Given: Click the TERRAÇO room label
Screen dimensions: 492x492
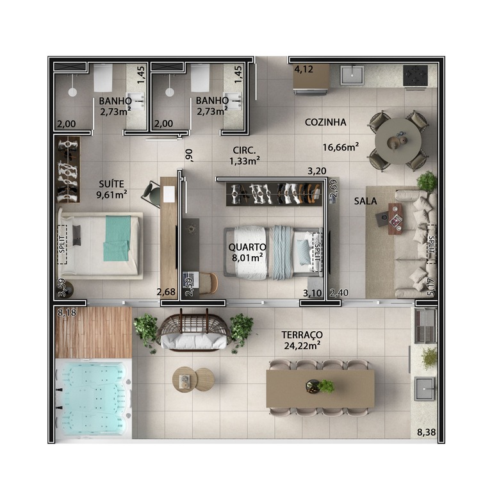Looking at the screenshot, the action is [x=302, y=335].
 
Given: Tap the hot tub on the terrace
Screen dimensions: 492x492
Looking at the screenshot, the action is [x=94, y=398].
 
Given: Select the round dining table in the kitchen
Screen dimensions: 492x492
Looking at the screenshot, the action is [x=398, y=141].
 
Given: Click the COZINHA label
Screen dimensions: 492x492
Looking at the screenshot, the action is [x=325, y=122].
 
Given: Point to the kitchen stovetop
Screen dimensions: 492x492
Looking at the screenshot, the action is [x=415, y=76].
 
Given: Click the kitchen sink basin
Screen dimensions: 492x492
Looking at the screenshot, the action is [x=352, y=75].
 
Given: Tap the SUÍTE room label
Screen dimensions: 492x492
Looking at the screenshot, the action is [x=111, y=184].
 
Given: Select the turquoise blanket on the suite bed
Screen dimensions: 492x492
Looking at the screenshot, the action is [x=117, y=238].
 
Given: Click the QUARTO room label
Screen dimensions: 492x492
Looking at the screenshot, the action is [x=247, y=247].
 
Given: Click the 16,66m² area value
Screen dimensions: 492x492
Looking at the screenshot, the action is [x=341, y=147].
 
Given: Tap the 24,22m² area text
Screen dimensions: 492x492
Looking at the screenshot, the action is [x=302, y=346].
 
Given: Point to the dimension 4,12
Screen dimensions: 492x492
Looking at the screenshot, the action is [x=304, y=69].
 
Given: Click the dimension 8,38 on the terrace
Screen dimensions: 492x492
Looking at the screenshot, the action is [x=426, y=432].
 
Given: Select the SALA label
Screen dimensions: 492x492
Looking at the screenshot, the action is [x=365, y=201].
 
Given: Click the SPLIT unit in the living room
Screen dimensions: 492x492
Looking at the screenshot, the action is [x=431, y=244].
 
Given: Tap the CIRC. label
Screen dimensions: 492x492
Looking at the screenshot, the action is [x=244, y=150].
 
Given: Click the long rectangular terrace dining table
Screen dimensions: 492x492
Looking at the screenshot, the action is [x=320, y=388].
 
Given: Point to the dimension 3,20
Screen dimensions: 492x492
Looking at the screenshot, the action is [x=317, y=171].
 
